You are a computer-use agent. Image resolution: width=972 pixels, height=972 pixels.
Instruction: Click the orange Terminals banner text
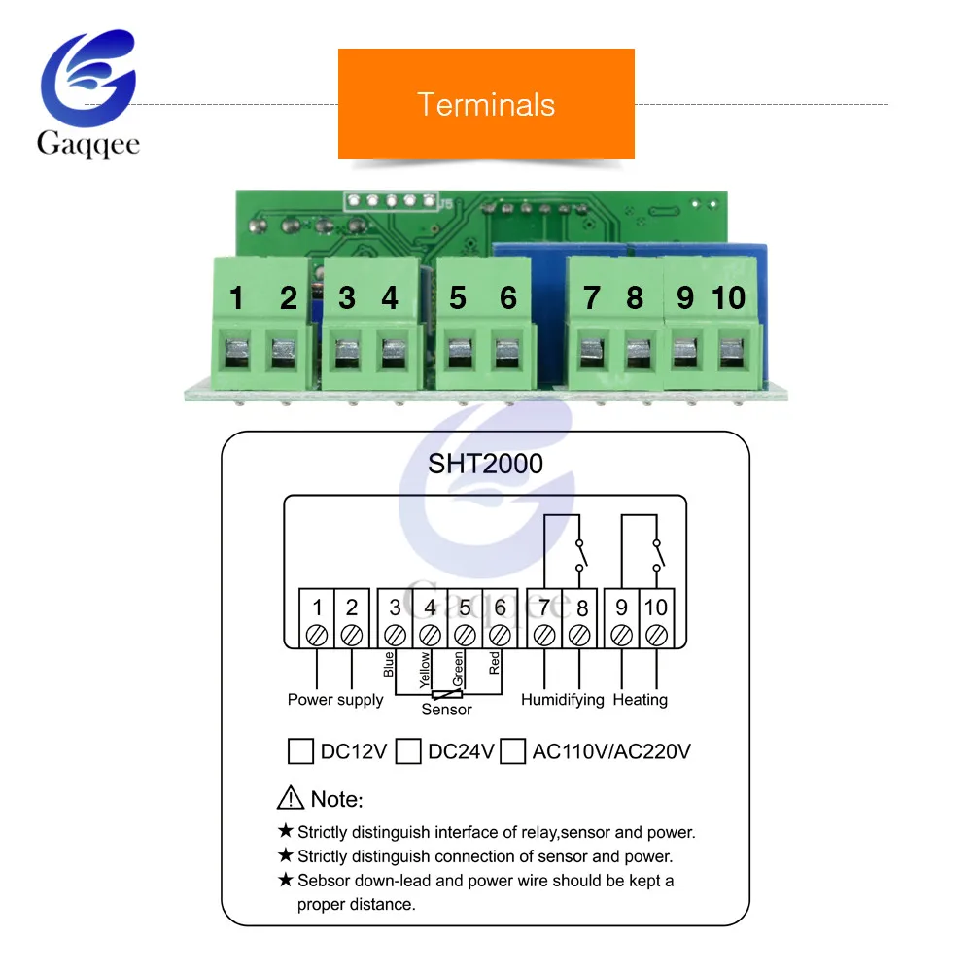pyautogui.click(x=486, y=104)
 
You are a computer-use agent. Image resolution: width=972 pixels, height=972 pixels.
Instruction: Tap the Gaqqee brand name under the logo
pyautogui.click(x=88, y=144)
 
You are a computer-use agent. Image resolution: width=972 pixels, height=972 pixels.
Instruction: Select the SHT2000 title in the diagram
pyautogui.click(x=485, y=464)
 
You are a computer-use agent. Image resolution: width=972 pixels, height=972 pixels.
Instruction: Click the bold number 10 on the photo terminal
pyautogui.click(x=729, y=298)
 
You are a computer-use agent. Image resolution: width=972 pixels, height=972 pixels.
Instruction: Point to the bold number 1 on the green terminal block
pyautogui.click(x=236, y=298)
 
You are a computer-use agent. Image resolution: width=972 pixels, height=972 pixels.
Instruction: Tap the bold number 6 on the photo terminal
pyautogui.click(x=508, y=298)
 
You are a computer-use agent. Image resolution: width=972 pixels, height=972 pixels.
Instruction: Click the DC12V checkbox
pyautogui.click(x=300, y=751)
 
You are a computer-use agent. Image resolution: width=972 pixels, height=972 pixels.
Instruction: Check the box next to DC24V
pyautogui.click(x=408, y=751)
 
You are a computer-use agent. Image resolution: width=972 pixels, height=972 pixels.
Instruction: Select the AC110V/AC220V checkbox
pyautogui.click(x=512, y=751)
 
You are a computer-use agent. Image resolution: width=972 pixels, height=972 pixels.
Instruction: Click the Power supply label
pyautogui.click(x=335, y=700)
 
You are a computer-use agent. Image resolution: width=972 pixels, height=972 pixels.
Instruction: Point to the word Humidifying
pyautogui.click(x=562, y=700)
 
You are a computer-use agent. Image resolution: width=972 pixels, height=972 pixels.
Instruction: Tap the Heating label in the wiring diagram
pyautogui.click(x=641, y=700)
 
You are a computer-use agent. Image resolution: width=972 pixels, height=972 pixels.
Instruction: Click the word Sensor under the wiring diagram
pyautogui.click(x=446, y=710)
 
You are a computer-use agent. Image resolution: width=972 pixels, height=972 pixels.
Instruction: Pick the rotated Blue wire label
pyautogui.click(x=389, y=664)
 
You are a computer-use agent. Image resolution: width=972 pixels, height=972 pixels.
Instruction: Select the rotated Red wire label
pyautogui.click(x=494, y=663)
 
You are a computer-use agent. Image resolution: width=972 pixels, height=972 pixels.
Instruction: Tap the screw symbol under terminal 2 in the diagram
pyautogui.click(x=352, y=636)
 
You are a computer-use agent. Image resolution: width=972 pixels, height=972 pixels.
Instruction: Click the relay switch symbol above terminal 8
pyautogui.click(x=581, y=555)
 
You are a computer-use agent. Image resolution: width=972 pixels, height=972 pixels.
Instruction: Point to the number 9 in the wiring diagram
pyautogui.click(x=621, y=607)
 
